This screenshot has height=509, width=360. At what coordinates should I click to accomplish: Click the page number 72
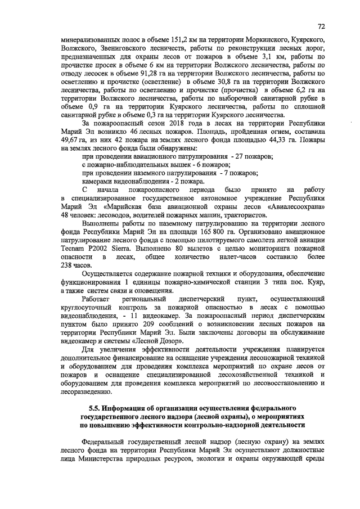point(321,26)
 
